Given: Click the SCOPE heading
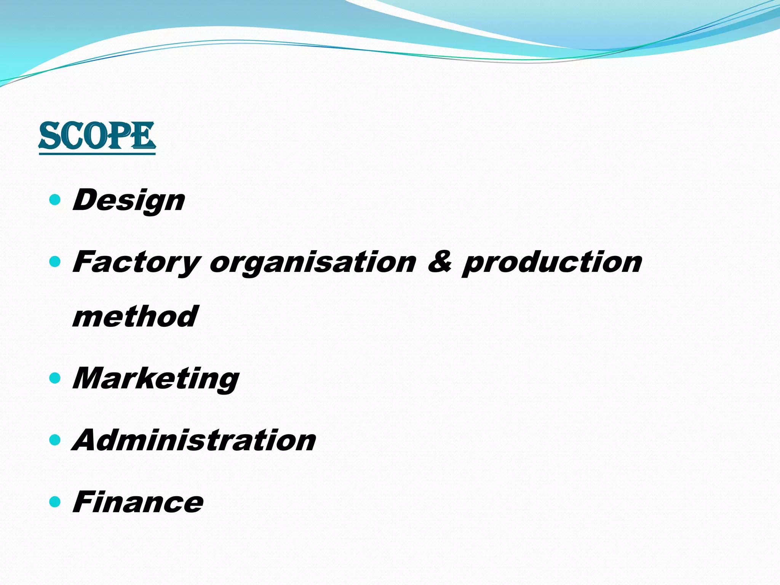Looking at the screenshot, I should coord(97,136).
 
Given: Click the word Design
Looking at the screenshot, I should coord(129,200).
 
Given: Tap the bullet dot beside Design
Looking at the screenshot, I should coord(55,199).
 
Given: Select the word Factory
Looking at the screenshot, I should coord(136,263).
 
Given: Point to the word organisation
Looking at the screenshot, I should coord(313,263).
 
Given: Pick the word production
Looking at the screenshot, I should coord(552,263).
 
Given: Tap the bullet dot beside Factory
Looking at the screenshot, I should coord(55,262).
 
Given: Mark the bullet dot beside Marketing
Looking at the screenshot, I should coord(55,378).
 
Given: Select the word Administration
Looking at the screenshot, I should coord(194,440).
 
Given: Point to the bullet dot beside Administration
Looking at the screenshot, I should coord(55,440).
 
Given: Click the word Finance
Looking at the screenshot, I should coord(138,502).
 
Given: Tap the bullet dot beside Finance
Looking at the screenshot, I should coord(55,502).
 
